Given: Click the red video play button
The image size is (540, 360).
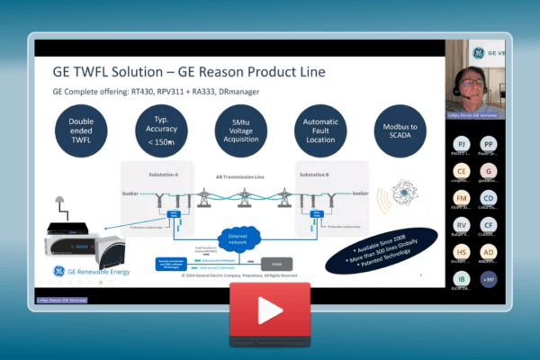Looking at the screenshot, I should [x=269, y=309].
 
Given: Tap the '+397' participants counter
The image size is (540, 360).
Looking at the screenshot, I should [x=489, y=280].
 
